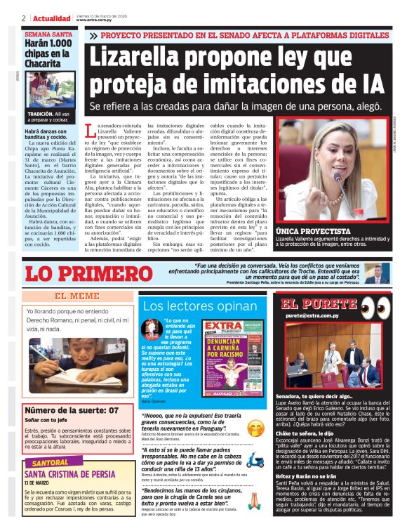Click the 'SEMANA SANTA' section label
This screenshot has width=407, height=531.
48,34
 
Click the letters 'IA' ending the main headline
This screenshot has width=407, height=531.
368,83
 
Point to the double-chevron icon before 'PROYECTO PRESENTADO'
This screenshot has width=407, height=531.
93,34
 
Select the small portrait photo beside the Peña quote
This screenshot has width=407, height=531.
376,273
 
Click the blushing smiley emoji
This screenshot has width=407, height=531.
255,426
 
